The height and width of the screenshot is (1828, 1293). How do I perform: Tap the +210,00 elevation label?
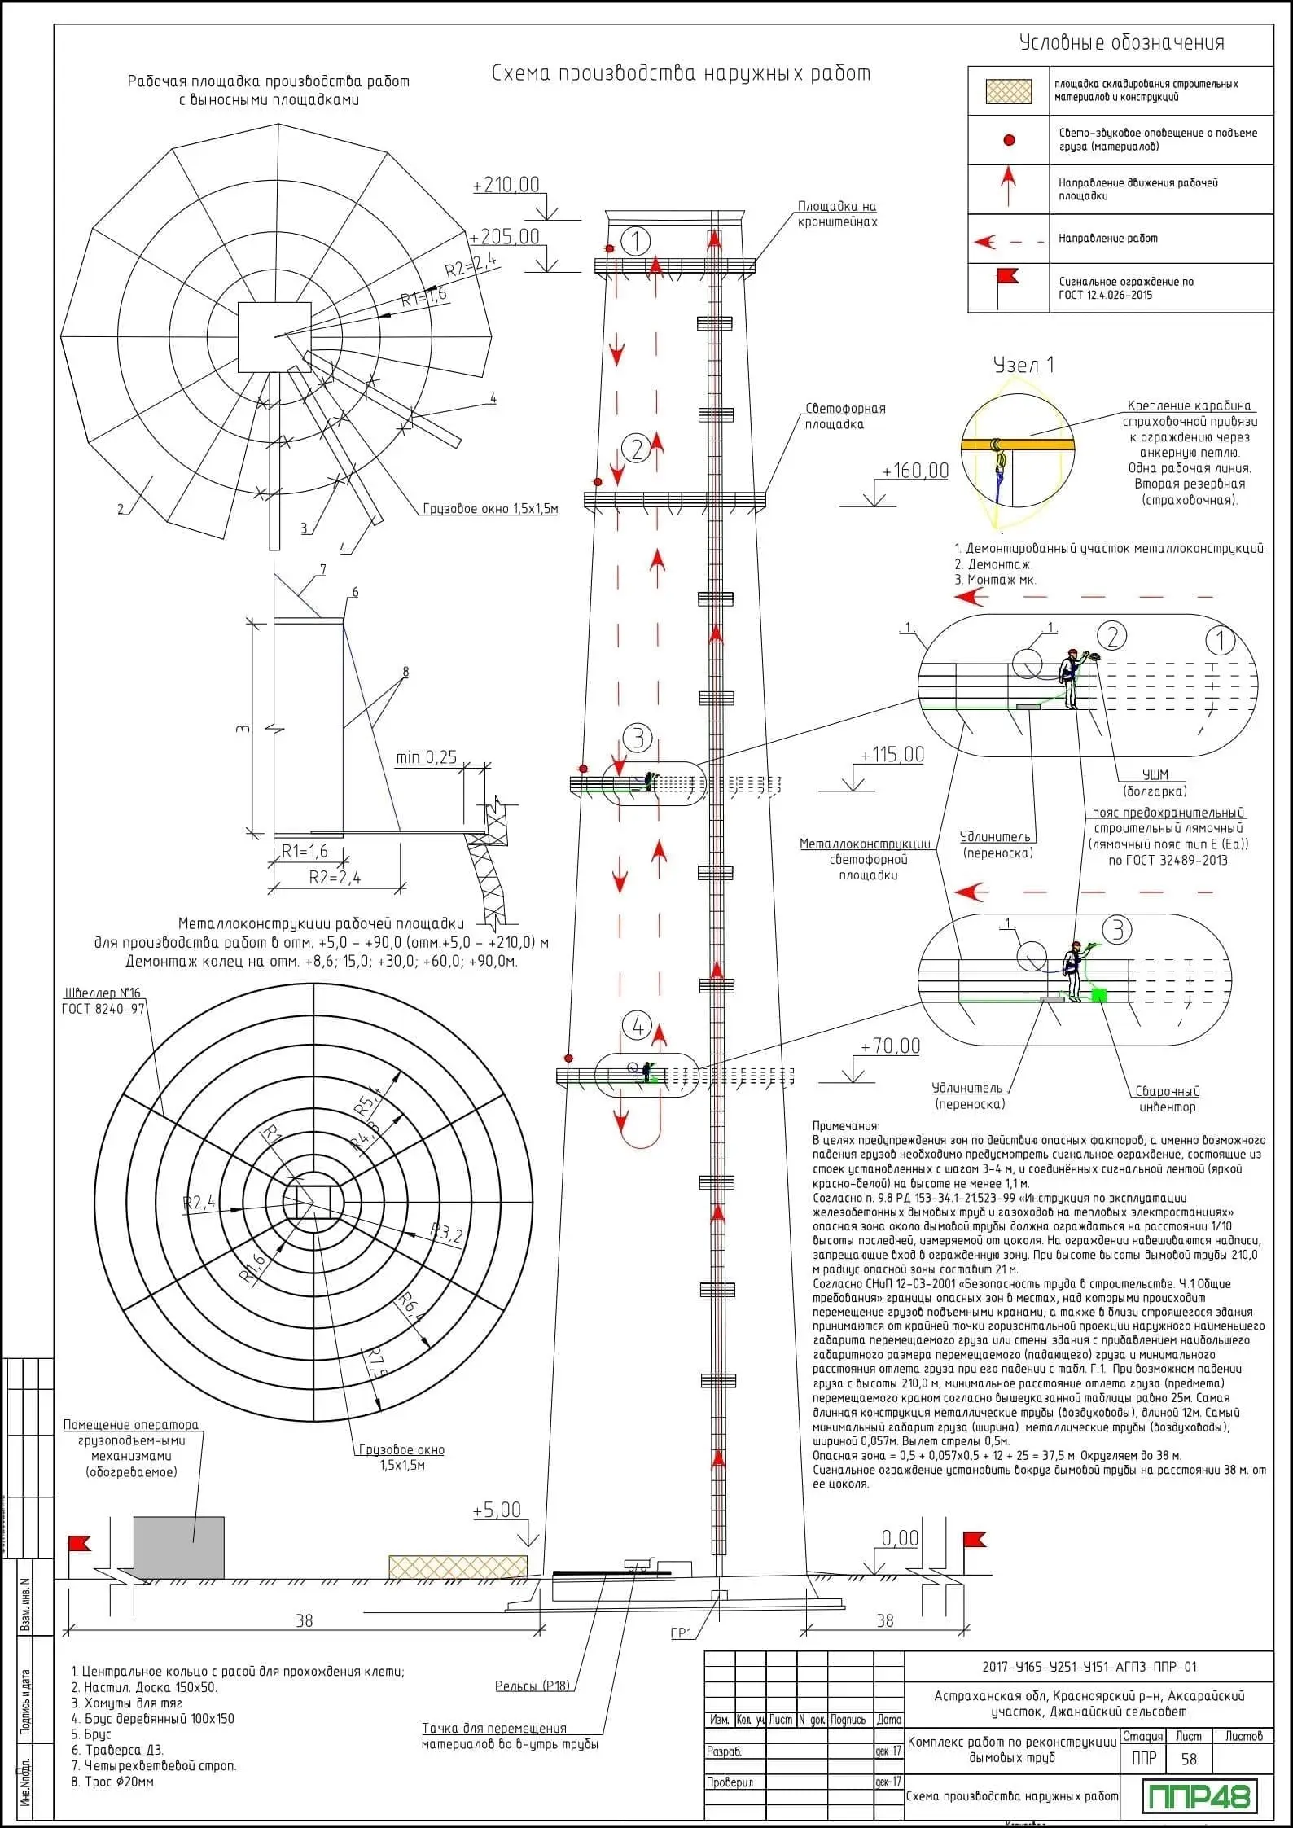[506, 185]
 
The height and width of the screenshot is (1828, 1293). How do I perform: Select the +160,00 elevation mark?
[915, 471]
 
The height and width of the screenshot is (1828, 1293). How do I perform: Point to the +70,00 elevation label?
[890, 1046]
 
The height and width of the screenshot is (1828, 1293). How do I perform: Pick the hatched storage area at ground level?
[458, 1566]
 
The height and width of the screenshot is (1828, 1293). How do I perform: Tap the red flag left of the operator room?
[80, 1543]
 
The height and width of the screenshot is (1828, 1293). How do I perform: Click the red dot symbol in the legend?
[1009, 140]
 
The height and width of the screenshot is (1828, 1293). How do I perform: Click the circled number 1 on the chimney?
[635, 241]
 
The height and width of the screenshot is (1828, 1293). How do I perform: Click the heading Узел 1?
[1023, 365]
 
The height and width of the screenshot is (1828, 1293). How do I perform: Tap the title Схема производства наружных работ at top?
[682, 73]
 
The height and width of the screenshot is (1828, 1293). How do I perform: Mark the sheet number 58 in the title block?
[1189, 1758]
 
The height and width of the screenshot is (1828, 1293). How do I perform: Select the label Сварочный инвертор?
[1167, 1099]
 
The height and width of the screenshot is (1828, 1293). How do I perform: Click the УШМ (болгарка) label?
[1155, 782]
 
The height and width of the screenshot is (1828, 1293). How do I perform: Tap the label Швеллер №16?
[103, 993]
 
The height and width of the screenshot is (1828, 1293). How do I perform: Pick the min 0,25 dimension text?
[426, 757]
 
